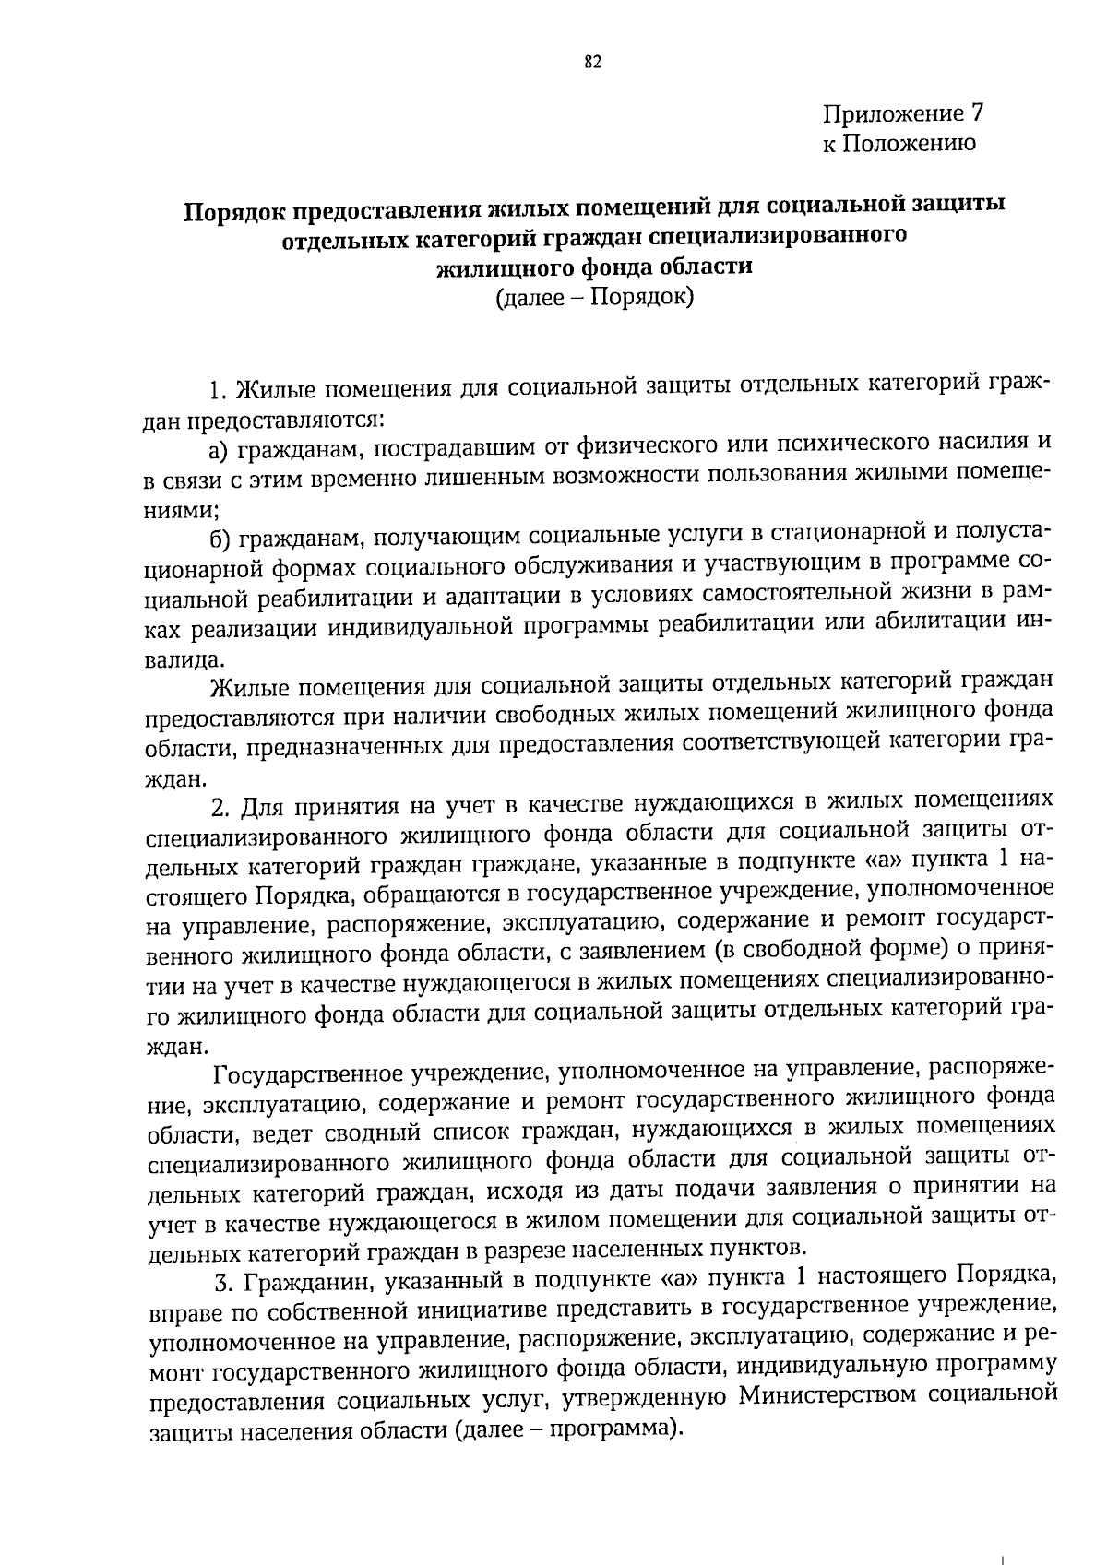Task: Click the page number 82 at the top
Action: coord(592,63)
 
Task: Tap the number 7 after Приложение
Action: coord(977,114)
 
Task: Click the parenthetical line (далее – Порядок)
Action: coord(594,297)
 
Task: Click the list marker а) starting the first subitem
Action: coord(219,449)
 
